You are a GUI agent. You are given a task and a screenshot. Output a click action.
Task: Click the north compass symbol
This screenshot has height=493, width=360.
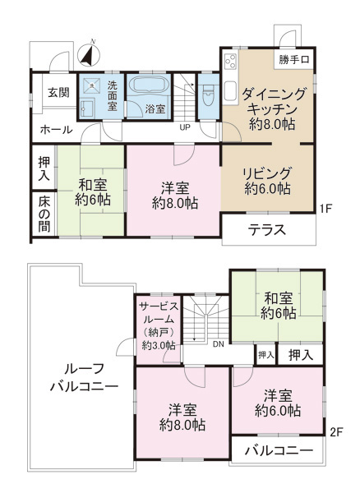[x=88, y=54]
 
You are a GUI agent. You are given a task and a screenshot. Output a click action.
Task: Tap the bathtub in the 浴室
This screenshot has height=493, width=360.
[x=148, y=85]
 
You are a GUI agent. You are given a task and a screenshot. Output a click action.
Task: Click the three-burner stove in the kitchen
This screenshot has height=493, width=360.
[x=231, y=62]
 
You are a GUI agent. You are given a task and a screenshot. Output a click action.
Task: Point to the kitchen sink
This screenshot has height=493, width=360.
[x=230, y=91]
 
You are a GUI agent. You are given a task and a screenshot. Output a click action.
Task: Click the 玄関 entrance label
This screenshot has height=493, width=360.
[x=59, y=92]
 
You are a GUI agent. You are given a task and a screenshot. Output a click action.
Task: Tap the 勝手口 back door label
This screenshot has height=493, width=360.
[x=294, y=59]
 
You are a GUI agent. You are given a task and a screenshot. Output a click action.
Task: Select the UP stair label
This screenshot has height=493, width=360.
[x=185, y=127]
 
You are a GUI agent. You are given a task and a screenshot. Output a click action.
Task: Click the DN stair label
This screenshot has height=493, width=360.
[x=219, y=344]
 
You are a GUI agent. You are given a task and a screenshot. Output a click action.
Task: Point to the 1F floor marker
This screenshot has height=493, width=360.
[x=326, y=209]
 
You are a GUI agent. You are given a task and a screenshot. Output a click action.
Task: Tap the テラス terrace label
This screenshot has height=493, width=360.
[x=267, y=230]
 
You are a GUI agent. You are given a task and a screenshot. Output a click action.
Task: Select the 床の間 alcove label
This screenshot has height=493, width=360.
[x=44, y=214]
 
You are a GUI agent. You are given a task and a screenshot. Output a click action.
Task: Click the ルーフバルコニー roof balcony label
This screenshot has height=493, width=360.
[x=84, y=377]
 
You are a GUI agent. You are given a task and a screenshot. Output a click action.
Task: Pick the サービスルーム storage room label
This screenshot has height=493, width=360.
[x=159, y=325]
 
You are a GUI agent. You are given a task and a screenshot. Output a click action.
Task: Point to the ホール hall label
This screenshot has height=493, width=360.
[x=57, y=130]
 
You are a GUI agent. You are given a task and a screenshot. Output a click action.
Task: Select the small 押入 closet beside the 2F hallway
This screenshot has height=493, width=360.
[x=266, y=355]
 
